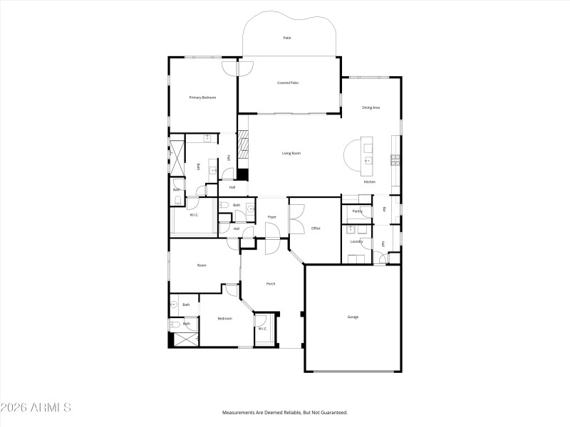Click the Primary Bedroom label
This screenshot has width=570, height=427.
202,97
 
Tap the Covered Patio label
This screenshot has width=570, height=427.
288,83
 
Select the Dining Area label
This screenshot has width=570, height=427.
370,107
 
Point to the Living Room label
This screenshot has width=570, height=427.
291,153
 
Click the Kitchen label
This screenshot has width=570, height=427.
369,182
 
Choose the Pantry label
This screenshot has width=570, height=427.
357,211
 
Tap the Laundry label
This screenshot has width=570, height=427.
356,241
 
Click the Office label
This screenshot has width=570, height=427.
316,228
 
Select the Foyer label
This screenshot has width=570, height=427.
271,217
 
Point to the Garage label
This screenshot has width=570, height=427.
353,317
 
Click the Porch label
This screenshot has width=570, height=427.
271,284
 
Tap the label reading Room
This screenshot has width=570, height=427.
202,265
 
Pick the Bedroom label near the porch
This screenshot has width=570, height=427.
224,318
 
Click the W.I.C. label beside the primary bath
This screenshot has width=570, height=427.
193,215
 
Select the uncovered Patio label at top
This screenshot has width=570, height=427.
287,38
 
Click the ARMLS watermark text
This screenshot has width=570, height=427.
36,408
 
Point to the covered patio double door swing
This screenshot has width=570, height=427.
238,68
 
